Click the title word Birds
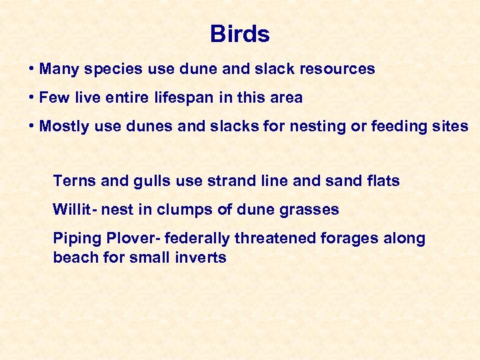[x=239, y=34]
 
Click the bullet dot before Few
[x=32, y=97]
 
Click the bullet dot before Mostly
[x=32, y=126]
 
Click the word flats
[x=382, y=181]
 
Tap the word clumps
[x=182, y=210]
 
